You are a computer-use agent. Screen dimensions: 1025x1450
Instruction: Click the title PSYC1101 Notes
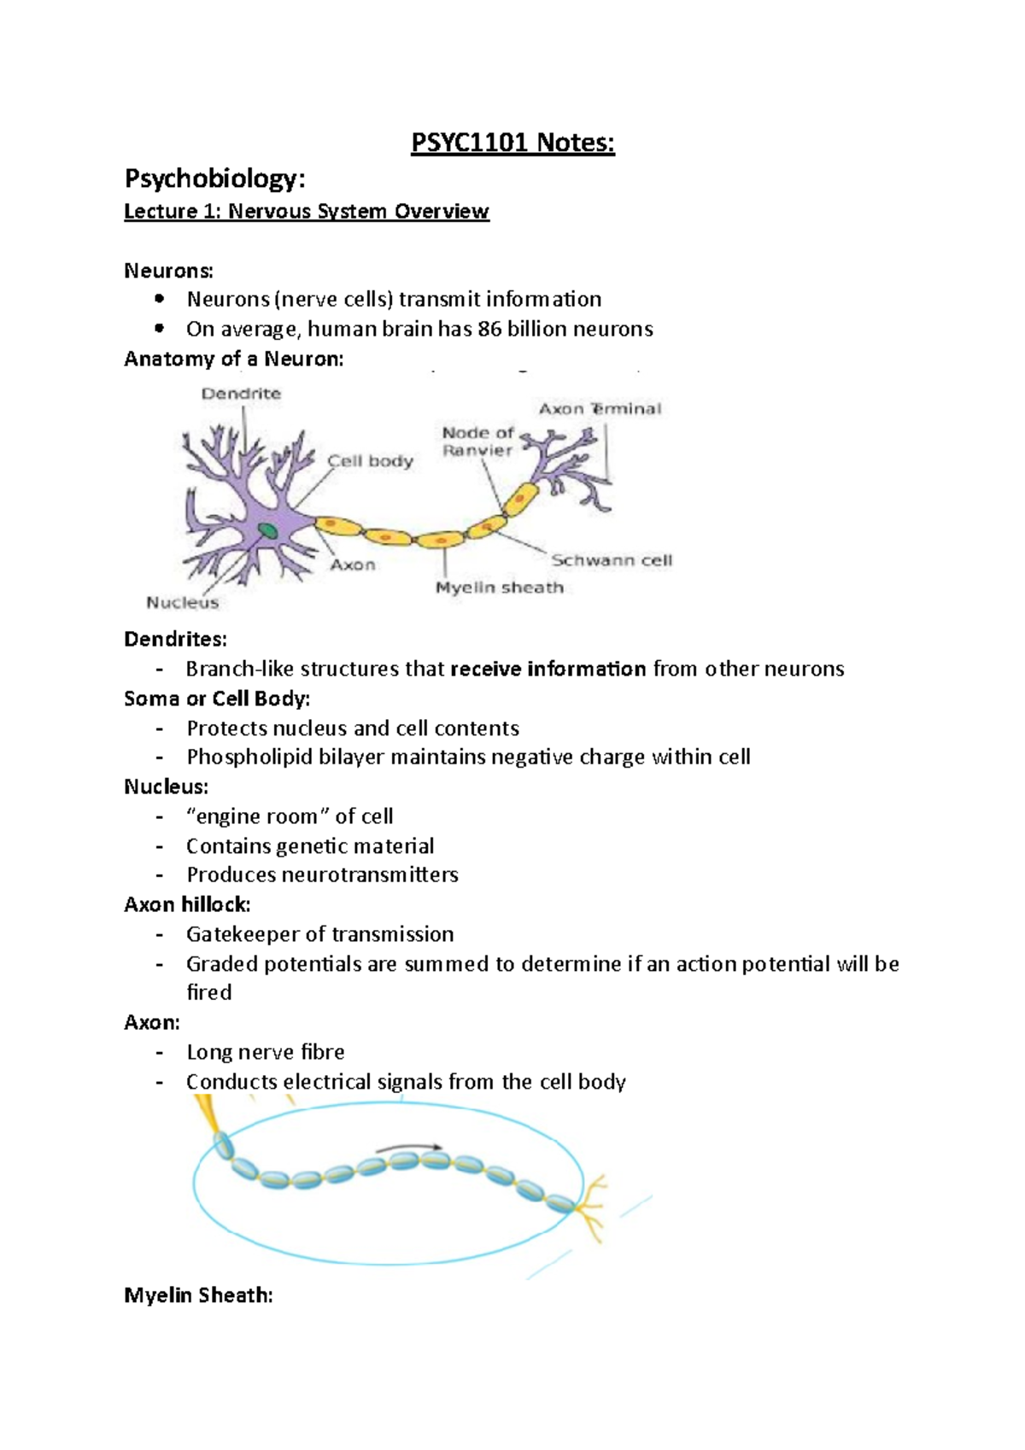tap(512, 143)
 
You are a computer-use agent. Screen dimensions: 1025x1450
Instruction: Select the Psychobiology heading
tap(214, 178)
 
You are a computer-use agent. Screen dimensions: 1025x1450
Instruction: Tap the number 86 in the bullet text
tap(489, 329)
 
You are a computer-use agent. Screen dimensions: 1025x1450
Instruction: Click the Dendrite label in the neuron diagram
tap(241, 394)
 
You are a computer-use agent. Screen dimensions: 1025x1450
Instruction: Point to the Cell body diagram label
tap(370, 461)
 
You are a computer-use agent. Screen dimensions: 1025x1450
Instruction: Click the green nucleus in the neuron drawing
tap(268, 530)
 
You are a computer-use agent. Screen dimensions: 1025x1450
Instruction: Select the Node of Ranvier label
tap(477, 441)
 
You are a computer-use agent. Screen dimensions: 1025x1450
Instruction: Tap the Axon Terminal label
tap(600, 409)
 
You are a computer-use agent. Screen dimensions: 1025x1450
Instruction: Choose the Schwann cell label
tap(611, 560)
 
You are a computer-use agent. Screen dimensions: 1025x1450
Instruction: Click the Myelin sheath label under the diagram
tap(499, 588)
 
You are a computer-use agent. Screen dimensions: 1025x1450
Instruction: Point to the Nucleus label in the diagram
tap(182, 602)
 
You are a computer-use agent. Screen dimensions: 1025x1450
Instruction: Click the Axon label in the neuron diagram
tap(353, 564)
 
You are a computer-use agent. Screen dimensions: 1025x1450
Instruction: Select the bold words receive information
tap(548, 669)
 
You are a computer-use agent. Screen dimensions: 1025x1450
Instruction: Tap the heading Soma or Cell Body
tap(217, 699)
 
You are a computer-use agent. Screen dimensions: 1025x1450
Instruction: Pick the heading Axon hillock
tap(187, 904)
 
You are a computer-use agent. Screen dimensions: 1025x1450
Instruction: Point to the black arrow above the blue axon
tap(409, 1149)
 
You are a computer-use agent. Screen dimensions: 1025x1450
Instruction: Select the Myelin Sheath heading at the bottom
tap(198, 1295)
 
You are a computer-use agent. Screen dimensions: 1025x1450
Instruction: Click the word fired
tap(209, 992)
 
